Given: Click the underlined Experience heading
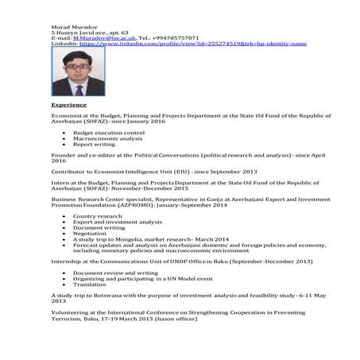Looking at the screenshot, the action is (69, 104).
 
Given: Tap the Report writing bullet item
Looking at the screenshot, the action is (94, 144).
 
